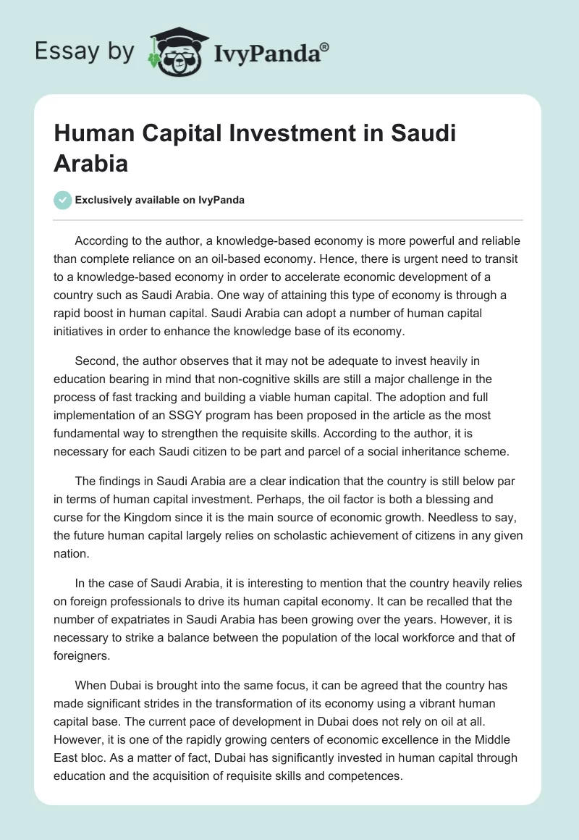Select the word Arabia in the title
click(x=91, y=163)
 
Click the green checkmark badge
click(x=63, y=200)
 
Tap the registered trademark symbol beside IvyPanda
click(x=325, y=47)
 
